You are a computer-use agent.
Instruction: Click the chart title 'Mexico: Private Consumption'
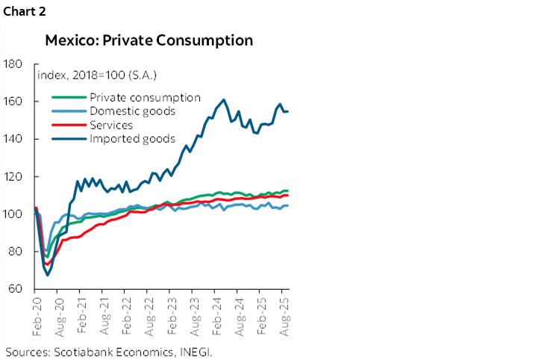(149, 40)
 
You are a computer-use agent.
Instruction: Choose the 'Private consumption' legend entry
(145, 97)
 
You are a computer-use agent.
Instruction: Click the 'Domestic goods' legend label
(132, 111)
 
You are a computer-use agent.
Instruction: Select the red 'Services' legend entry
(111, 125)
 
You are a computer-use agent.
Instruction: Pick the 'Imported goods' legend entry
(132, 138)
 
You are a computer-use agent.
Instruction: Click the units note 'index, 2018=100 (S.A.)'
(97, 75)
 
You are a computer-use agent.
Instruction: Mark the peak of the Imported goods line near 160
(224, 99)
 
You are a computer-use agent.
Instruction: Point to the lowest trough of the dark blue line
(48, 275)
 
